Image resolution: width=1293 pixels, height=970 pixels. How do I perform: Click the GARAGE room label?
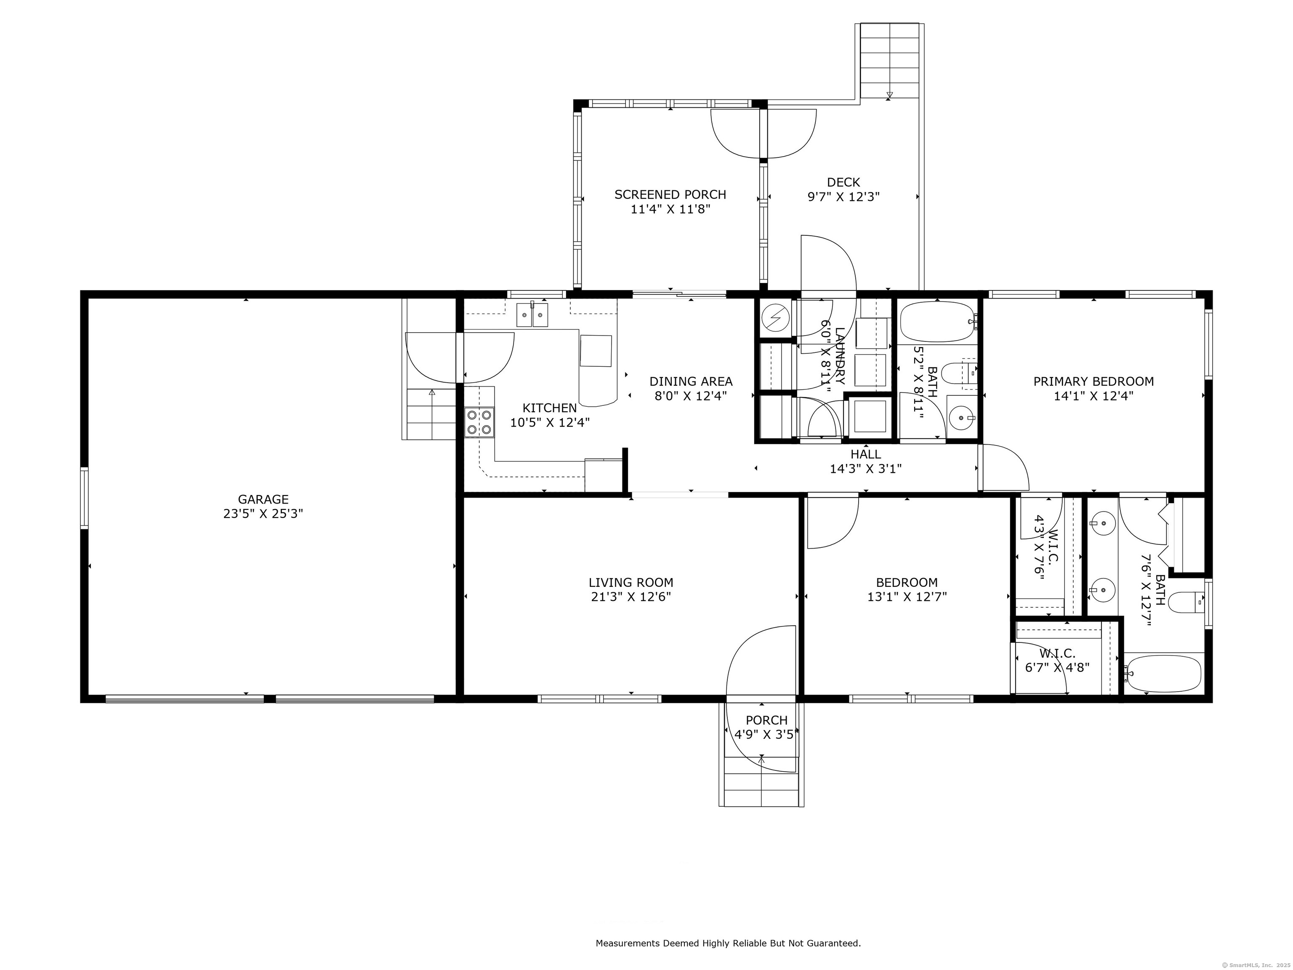coord(263,499)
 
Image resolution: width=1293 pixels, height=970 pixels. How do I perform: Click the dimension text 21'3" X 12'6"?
coord(631,597)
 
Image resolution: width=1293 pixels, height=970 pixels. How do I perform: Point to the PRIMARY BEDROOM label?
coord(1093,381)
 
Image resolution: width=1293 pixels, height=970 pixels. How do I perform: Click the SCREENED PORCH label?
coord(670,194)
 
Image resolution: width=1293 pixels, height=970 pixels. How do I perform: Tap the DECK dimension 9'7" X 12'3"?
coord(843,197)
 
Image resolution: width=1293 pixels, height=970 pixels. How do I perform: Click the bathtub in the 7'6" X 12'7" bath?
coord(1163,674)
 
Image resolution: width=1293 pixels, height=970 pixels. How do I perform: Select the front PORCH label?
coord(766,720)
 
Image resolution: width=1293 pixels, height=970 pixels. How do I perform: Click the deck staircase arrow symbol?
coord(889,95)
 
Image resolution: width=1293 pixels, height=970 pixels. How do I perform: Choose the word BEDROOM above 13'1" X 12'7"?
coord(907,582)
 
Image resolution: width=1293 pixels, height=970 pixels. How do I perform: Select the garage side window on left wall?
coord(85,498)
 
